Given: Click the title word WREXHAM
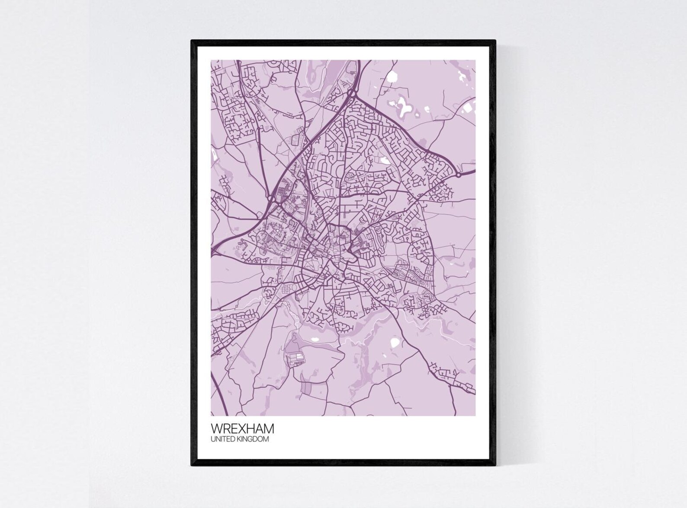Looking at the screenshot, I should pyautogui.click(x=242, y=429).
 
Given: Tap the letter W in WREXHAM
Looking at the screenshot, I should pyautogui.click(x=216, y=429).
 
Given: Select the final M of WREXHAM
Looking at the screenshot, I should pyautogui.click(x=269, y=429).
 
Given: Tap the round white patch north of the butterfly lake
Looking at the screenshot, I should pyautogui.click(x=392, y=77).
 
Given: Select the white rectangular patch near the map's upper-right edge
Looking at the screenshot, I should pyautogui.click(x=469, y=106).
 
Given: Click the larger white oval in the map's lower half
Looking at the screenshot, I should pyautogui.click(x=395, y=343).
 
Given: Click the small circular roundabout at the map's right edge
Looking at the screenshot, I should pyautogui.click(x=458, y=175).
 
